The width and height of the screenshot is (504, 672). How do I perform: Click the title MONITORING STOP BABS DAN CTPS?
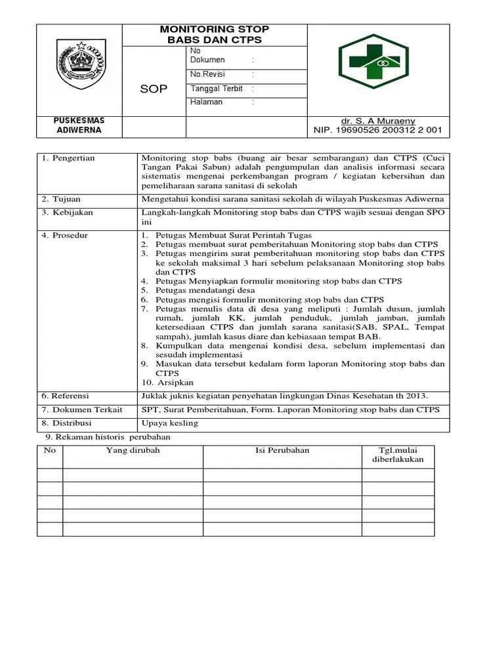[215, 35]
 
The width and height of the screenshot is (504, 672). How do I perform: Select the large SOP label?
[154, 89]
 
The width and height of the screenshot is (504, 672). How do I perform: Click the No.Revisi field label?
[208, 75]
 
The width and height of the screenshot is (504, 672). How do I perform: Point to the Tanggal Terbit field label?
[217, 89]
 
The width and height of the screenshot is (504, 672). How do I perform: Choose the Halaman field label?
[207, 102]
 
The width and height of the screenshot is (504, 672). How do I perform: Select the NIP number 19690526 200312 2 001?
[378, 131]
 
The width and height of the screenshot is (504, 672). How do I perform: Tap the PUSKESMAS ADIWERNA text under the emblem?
[79, 125]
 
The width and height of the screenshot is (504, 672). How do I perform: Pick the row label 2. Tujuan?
[63, 199]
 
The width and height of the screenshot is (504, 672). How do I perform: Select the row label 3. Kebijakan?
[68, 213]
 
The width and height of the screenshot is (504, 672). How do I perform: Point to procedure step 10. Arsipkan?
[167, 383]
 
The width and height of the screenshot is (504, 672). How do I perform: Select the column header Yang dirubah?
[133, 450]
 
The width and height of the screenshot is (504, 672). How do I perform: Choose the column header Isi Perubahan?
[282, 450]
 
